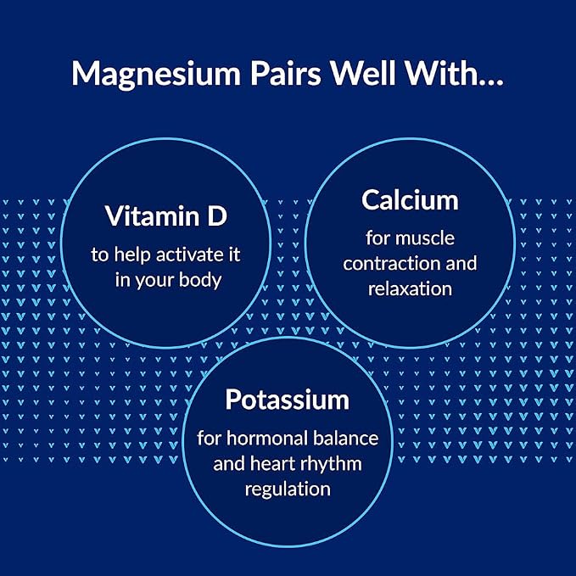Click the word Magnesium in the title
156,74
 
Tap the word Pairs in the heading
286,73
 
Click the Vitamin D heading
166,216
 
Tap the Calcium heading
410,200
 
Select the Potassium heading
288,400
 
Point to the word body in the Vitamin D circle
200,280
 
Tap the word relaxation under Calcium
410,288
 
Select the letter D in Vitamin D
217,216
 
